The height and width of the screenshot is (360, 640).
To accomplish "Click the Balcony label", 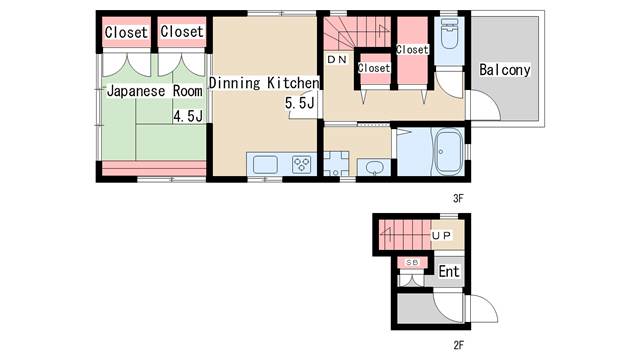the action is pos(504,70).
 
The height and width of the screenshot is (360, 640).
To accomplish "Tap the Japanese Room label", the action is pos(154,91).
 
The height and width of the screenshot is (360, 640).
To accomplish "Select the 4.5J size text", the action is pos(188,116).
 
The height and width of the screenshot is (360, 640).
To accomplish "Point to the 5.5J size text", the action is pos(300,103).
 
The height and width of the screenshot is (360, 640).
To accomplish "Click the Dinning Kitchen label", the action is pos(264,83).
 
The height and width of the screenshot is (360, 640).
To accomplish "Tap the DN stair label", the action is pos(337,60).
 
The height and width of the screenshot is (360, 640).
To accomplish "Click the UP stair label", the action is pos(442,236).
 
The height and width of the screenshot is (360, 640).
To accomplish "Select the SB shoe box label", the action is pos(412,263).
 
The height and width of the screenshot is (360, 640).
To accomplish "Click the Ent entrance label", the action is pos(449,271).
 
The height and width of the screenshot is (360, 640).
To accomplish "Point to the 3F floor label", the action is pos(458,198).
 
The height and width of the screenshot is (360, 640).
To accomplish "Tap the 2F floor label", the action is pos(458,345).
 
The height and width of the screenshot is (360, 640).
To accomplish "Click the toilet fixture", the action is pos(449,33).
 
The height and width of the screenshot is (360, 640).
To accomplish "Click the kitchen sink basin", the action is pos(265,165).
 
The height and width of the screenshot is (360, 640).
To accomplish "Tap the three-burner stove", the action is pos(302,165).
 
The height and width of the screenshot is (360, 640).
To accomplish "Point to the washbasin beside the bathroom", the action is pos(374,167).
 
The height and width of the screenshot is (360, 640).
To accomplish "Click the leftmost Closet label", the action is pos(126,32).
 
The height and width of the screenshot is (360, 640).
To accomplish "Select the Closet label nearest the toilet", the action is pos(412,50).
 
